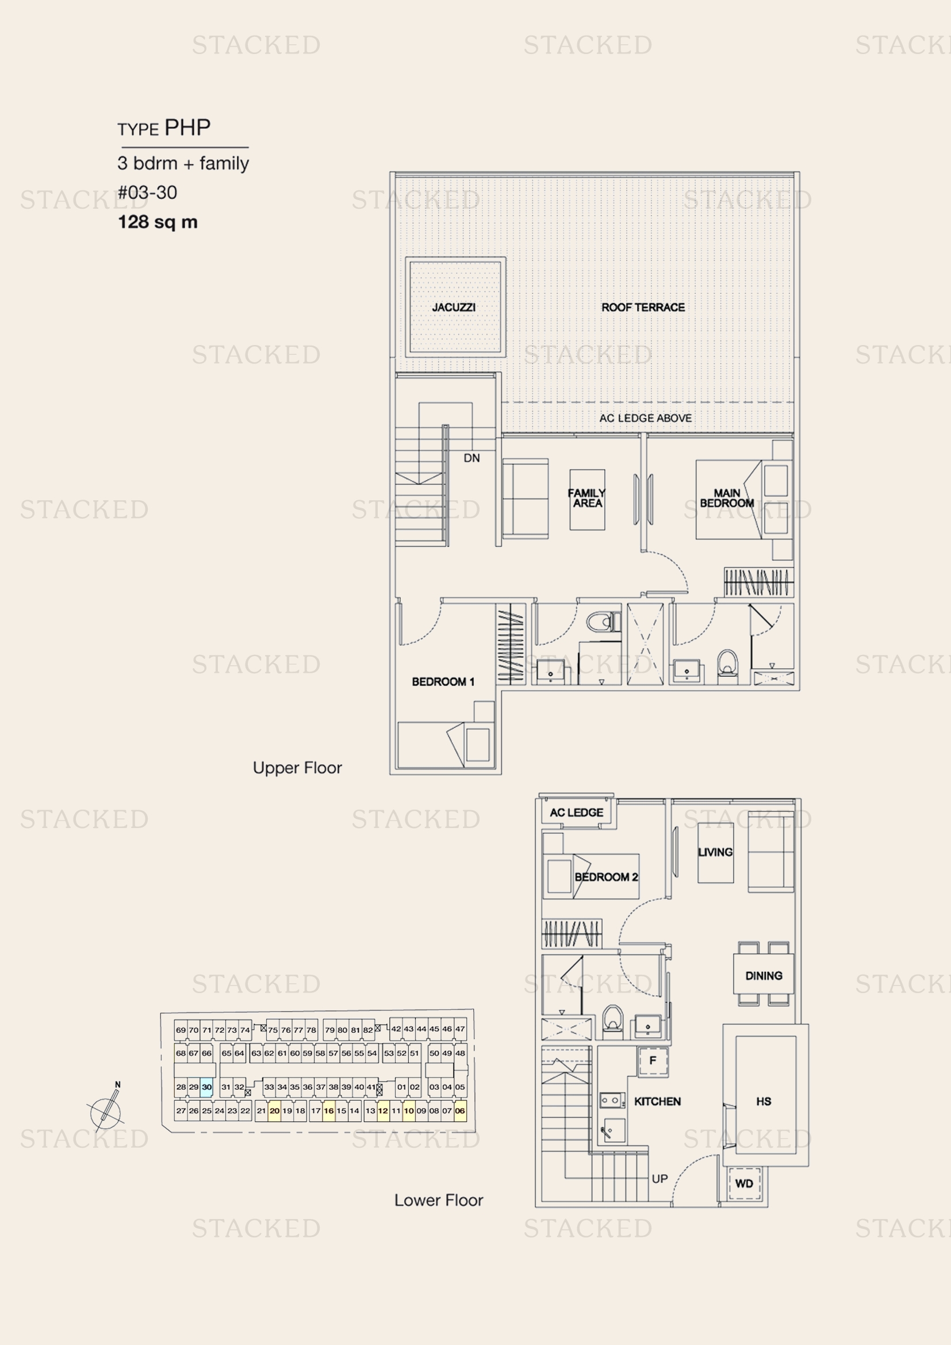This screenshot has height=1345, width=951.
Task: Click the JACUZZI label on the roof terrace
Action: tap(454, 308)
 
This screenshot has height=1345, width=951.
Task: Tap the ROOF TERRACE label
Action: tap(643, 308)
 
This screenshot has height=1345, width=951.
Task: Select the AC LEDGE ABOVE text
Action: tap(645, 418)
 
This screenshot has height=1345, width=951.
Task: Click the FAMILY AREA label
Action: tap(587, 498)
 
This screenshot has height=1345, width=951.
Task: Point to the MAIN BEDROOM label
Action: tap(727, 498)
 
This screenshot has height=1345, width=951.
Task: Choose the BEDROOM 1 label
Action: tap(443, 682)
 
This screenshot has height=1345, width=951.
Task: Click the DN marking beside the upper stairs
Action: tap(471, 458)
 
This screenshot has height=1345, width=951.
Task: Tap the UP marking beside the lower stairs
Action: tap(659, 1179)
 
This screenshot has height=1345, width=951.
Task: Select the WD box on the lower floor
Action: tap(743, 1183)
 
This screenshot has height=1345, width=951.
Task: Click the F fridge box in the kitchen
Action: tap(653, 1060)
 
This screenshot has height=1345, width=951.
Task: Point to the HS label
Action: tap(764, 1101)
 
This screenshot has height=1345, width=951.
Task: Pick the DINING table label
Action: tap(764, 976)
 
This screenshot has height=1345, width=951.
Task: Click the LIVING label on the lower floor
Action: tap(715, 852)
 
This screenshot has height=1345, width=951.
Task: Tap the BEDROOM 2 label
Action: tap(606, 877)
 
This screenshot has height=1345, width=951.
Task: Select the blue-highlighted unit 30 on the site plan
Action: tap(207, 1087)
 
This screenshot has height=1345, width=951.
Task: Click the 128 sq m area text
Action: tap(158, 222)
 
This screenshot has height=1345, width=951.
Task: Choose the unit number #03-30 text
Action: tap(147, 192)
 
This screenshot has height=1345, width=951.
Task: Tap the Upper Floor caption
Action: tap(297, 768)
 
